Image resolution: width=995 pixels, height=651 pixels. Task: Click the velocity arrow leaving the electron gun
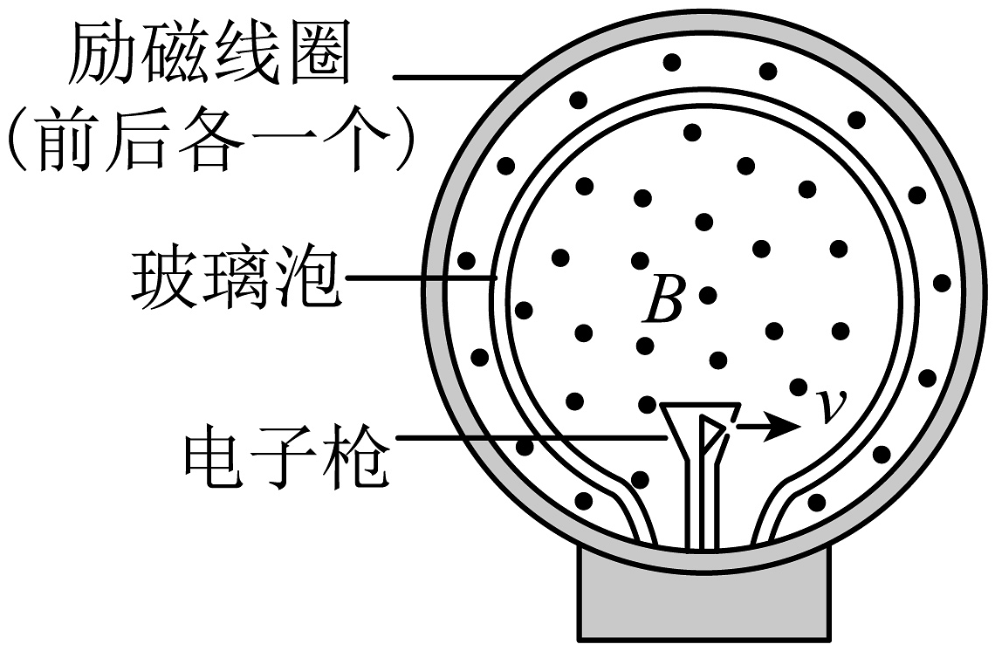[x=769, y=428]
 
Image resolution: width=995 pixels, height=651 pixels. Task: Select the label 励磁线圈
[x=209, y=54]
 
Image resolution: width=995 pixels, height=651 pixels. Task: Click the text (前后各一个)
[x=209, y=140]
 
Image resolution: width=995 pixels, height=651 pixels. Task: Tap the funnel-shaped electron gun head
[x=699, y=428]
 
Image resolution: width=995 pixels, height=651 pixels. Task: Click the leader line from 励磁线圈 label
[x=454, y=77]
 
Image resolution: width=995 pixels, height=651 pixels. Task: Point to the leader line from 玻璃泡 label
[x=419, y=279]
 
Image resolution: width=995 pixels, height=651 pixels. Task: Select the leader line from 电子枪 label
[x=524, y=436]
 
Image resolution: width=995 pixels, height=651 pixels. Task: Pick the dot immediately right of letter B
[x=708, y=295]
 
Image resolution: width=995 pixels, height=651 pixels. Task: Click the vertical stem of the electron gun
[x=699, y=506]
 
